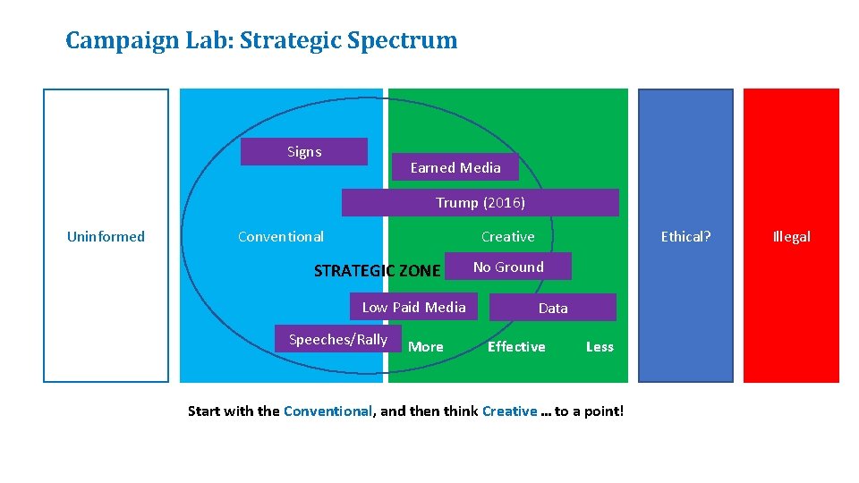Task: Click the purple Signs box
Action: [x=304, y=152]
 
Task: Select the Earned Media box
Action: [x=455, y=167]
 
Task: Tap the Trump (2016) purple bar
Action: [x=480, y=203]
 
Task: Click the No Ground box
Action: [x=507, y=267]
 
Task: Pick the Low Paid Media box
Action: [x=413, y=308]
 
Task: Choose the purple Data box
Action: [x=553, y=308]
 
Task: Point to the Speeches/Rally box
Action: [x=337, y=340]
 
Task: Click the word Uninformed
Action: [x=106, y=237]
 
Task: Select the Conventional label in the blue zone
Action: [x=281, y=237]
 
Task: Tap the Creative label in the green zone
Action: [x=507, y=237]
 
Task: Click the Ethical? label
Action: [x=685, y=237]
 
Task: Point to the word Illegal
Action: [x=791, y=237]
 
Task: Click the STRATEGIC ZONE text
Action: [x=377, y=271]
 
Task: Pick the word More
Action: [x=426, y=347]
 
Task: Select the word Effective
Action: [x=516, y=347]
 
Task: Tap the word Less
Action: [x=600, y=347]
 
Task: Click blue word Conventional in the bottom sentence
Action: [x=327, y=411]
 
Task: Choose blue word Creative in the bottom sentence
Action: [x=509, y=411]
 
